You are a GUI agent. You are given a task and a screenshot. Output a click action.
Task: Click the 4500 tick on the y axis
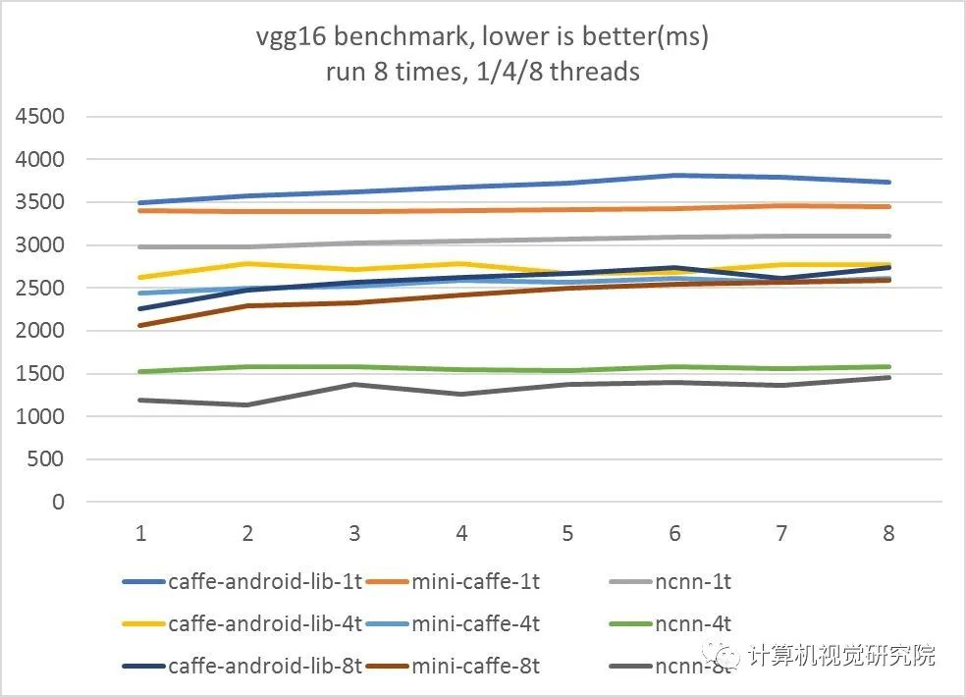click(40, 117)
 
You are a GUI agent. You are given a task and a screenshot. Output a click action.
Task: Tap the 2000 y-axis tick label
click(40, 331)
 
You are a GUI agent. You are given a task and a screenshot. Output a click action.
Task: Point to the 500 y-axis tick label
click(46, 459)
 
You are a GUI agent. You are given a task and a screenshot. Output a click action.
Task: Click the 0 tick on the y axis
click(58, 503)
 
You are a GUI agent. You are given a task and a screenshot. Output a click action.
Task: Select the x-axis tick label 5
click(567, 533)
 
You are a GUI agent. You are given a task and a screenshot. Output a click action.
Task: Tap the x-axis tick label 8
click(888, 533)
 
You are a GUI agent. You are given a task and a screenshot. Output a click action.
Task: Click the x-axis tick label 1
click(140, 533)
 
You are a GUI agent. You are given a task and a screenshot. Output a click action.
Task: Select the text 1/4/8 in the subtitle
click(521, 72)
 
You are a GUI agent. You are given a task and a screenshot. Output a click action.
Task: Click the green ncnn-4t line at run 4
click(461, 369)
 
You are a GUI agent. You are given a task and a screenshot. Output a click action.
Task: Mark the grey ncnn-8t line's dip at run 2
click(247, 404)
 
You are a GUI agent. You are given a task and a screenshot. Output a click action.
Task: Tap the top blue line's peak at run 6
click(674, 175)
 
